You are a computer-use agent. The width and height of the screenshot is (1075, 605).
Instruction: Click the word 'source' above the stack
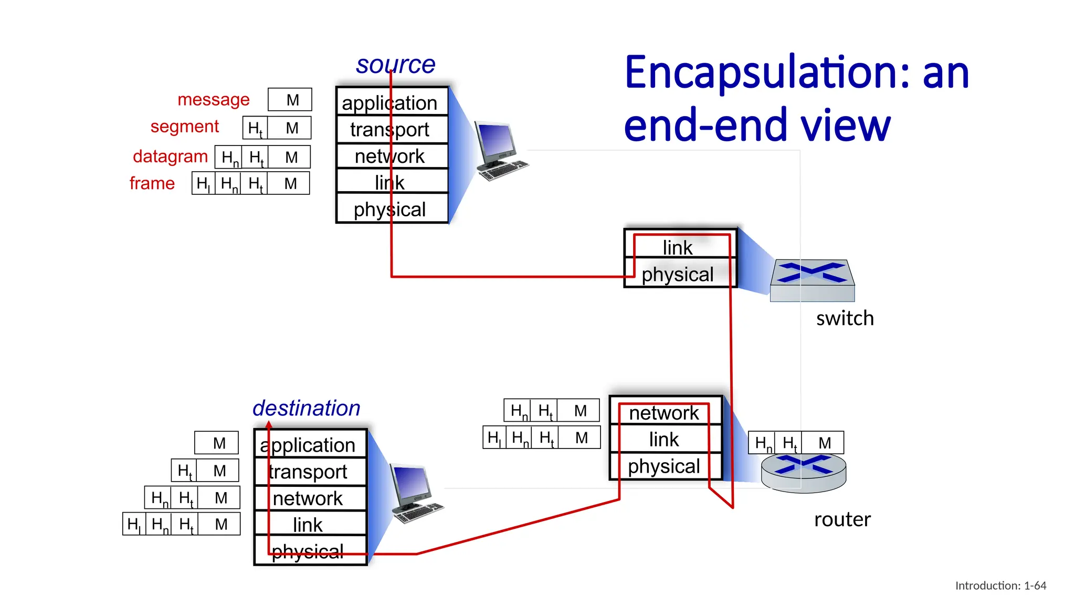[395, 65]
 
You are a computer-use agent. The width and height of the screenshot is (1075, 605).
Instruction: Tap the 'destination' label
[306, 408]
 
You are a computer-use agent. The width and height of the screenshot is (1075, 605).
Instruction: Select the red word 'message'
[213, 99]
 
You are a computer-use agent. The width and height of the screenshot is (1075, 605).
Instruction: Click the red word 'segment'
[184, 127]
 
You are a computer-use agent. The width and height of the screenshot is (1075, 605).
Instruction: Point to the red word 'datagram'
[170, 157]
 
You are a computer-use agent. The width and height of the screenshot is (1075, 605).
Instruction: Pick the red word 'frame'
[152, 183]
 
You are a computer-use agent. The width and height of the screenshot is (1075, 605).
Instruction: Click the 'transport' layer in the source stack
[392, 129]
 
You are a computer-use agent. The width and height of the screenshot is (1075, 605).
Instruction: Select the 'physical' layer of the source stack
[392, 209]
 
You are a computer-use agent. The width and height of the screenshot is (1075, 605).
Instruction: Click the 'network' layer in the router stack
[665, 413]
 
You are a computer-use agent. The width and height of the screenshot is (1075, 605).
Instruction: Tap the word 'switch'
[845, 318]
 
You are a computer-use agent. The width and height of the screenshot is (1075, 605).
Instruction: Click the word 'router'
[842, 519]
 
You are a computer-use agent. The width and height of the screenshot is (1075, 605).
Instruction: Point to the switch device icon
[811, 280]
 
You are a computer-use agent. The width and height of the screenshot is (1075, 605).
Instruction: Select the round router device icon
[803, 473]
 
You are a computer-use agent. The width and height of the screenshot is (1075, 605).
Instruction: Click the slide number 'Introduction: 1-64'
[1000, 586]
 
